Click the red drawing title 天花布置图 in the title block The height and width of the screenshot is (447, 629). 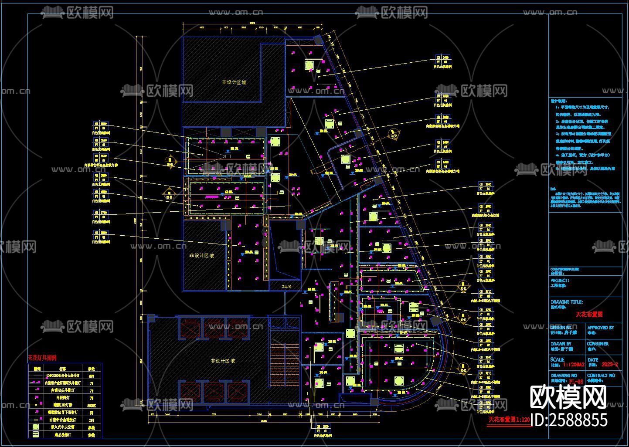[x=589, y=314]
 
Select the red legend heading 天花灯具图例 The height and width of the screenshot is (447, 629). [x=45, y=358]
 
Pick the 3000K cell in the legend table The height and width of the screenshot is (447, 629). [x=92, y=405]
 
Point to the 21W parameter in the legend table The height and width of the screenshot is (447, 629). [x=92, y=420]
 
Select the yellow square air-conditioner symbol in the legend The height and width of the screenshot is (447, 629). [x=36, y=427]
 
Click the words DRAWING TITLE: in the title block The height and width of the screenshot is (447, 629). [x=567, y=302]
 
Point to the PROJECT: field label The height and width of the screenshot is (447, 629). [x=560, y=281]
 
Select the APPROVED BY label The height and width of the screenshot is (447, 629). [x=600, y=328]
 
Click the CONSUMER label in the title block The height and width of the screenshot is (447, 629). [x=598, y=344]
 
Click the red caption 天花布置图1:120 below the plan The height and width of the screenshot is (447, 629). [x=509, y=420]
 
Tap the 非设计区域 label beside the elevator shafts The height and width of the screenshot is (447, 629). [x=223, y=361]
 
